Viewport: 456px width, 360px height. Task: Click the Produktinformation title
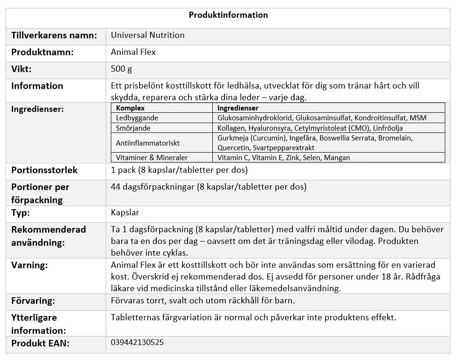[x=228, y=15]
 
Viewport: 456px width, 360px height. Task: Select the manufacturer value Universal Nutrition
[x=147, y=35]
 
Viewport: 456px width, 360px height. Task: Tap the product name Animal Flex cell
[x=133, y=52]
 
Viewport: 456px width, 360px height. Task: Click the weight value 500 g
[x=122, y=69]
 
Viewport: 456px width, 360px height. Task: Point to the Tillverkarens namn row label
[x=54, y=35]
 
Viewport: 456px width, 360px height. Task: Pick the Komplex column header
[x=130, y=108]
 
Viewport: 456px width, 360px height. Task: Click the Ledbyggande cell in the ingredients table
[x=137, y=118]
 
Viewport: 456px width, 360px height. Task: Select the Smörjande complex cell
[x=133, y=128]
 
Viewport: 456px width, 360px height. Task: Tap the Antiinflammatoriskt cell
[x=148, y=143]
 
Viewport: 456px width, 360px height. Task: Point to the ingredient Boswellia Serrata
[x=348, y=138]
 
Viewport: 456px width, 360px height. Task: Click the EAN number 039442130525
[x=138, y=342]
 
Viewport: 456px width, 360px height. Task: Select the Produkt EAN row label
[x=40, y=343]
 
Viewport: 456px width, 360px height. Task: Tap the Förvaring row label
[x=33, y=301]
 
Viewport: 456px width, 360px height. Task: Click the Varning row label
[x=29, y=265]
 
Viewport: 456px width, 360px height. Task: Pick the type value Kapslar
[x=125, y=213]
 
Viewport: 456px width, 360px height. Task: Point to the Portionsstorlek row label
[x=44, y=170]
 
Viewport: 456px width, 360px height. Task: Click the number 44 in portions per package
[x=116, y=187]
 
